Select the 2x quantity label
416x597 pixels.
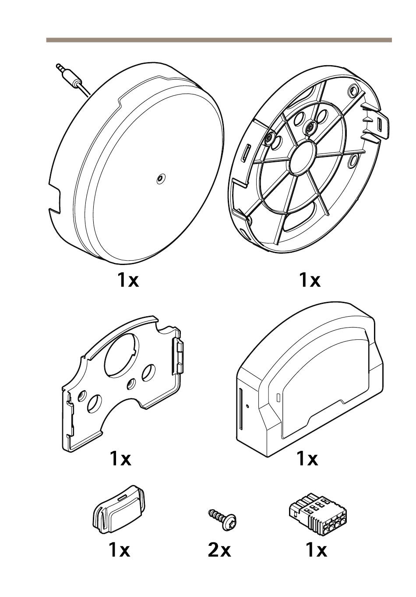[219, 550]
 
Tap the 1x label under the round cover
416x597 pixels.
[128, 279]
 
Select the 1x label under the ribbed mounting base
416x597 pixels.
[310, 279]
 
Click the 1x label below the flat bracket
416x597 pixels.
[120, 458]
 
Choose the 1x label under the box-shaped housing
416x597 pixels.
[307, 458]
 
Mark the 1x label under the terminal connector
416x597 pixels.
[316, 550]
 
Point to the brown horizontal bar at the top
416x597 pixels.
[219, 40]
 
